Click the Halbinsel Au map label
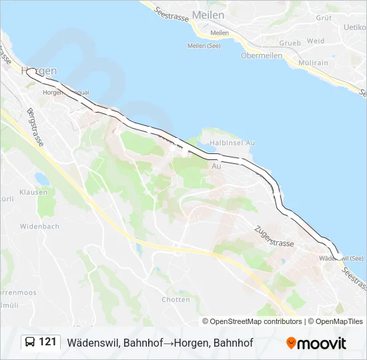click(x=232, y=143)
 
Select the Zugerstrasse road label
click(x=274, y=235)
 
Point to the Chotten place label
click(x=175, y=300)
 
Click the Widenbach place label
click(x=39, y=227)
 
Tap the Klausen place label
click(x=33, y=193)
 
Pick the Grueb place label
click(x=290, y=43)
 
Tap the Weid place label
click(x=316, y=41)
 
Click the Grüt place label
click(x=324, y=18)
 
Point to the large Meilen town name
click(x=208, y=15)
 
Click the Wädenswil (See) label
click(x=342, y=258)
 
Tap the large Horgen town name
click(x=39, y=70)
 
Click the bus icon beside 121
click(x=29, y=343)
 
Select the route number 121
click(x=47, y=343)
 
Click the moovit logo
click(x=316, y=343)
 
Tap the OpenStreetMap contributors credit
click(x=252, y=321)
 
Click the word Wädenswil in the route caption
click(x=93, y=343)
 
